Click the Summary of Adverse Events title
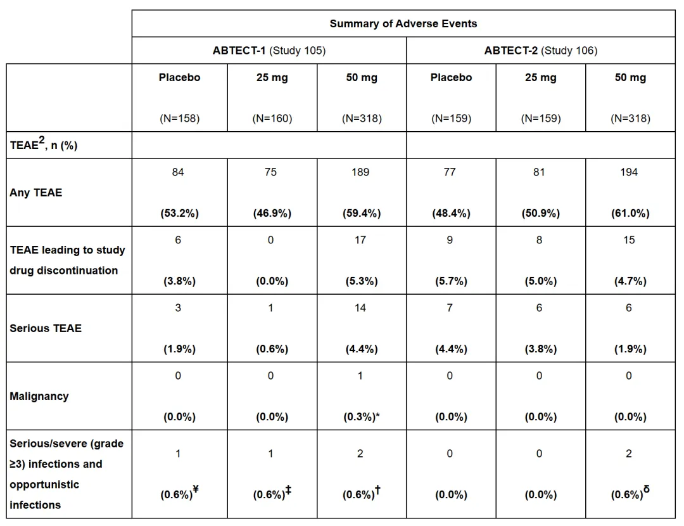click(x=403, y=24)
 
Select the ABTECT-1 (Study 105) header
click(x=269, y=51)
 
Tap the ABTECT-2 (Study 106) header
click(x=540, y=51)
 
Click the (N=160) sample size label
click(x=272, y=119)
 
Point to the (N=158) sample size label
click(x=179, y=119)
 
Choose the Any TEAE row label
click(x=36, y=193)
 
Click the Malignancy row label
click(x=39, y=396)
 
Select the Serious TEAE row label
click(x=46, y=328)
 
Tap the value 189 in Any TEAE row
click(x=360, y=172)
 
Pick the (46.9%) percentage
click(x=272, y=214)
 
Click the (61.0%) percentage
click(x=630, y=214)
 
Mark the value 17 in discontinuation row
click(x=360, y=240)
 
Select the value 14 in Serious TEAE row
click(x=360, y=308)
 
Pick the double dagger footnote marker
click(x=288, y=489)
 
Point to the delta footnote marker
click(x=646, y=489)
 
